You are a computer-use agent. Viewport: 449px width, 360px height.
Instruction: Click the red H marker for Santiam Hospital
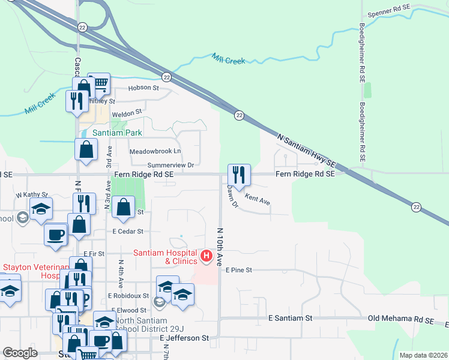click(x=206, y=257)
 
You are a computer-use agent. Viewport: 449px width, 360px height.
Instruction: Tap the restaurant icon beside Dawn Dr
click(x=239, y=175)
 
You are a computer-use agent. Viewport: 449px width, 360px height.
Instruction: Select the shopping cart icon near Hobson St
click(x=99, y=83)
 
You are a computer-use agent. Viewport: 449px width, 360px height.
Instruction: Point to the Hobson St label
click(x=142, y=88)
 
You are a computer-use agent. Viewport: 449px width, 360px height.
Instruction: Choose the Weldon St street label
click(x=130, y=112)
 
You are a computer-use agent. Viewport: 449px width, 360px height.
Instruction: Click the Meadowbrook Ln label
click(x=155, y=151)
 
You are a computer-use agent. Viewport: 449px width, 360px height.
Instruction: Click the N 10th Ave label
click(x=220, y=247)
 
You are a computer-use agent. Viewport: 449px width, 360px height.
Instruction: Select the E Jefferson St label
click(x=184, y=338)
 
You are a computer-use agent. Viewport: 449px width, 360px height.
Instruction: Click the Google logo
click(x=20, y=353)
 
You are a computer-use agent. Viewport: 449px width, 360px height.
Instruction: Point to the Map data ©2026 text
click(x=423, y=355)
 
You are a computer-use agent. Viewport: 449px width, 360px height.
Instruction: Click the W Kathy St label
click(x=31, y=195)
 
